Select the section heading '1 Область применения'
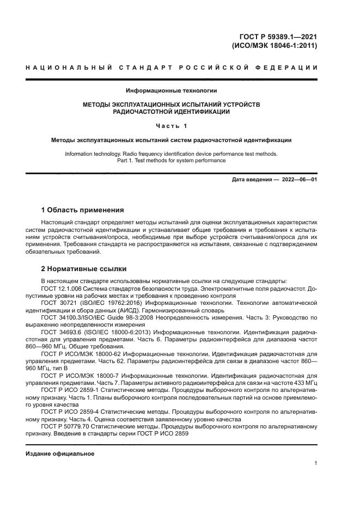[x=83, y=210]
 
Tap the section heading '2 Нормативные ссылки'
[x=84, y=268]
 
